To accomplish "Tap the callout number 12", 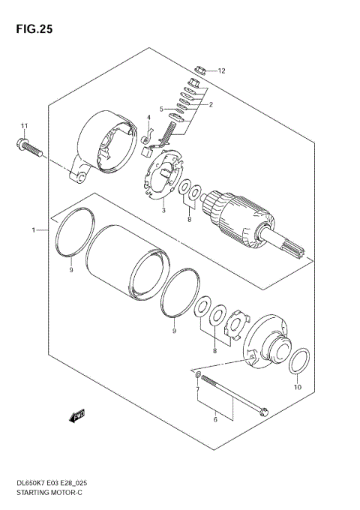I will pos(221,70).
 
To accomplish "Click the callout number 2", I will pos(211,105).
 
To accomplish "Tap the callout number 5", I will pos(160,109).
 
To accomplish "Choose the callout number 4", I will pos(148,118).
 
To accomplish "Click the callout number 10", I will pos(296,388).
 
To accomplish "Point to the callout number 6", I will pos(214,420).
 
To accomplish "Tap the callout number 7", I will pos(197,391).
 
